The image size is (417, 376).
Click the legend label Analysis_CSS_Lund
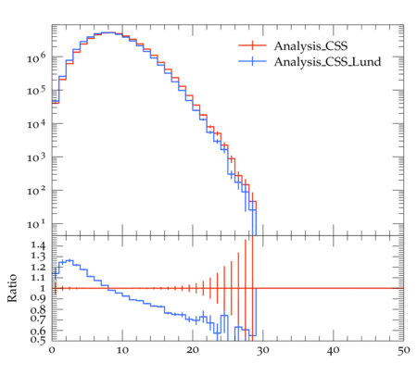[327, 62]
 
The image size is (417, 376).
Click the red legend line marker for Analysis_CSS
[252, 45]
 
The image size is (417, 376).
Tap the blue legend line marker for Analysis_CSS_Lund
[252, 61]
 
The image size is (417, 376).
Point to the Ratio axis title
[12, 288]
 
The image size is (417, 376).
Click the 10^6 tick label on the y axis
[36, 57]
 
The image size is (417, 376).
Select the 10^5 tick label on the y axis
[36, 91]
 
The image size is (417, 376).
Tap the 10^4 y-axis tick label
[36, 124]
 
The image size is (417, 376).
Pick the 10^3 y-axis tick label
[36, 157]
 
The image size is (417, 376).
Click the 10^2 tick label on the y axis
[36, 191]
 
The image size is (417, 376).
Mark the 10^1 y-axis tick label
[36, 224]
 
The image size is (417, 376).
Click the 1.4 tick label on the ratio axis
[38, 245]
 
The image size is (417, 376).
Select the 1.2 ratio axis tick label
[38, 267]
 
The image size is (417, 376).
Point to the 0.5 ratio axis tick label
[38, 340]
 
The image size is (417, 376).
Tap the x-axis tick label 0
[52, 350]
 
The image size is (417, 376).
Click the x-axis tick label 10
[122, 350]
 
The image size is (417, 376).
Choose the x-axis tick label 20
[193, 350]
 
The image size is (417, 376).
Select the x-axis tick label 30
[263, 350]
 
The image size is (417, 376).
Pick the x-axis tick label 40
[334, 350]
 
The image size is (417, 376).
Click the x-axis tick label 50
[403, 350]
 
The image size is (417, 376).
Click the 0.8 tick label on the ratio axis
[38, 309]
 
